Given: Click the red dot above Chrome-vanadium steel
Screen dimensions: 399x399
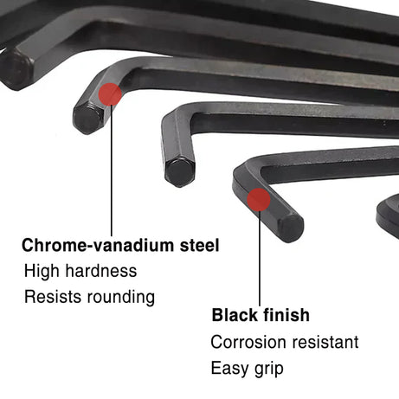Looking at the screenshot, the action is pyautogui.click(x=110, y=94).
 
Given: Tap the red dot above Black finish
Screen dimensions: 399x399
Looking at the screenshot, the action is pyautogui.click(x=259, y=200).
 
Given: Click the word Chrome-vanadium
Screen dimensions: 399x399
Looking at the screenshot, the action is pyautogui.click(x=98, y=245).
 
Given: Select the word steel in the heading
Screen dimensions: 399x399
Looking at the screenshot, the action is pyautogui.click(x=199, y=245).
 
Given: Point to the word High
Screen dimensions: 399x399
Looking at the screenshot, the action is pyautogui.click(x=42, y=271).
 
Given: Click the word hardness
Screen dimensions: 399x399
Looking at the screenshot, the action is pyautogui.click(x=101, y=271).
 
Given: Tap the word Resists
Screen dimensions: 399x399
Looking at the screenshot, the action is pyautogui.click(x=53, y=296).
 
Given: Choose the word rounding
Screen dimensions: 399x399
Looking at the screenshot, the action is pyautogui.click(x=121, y=297).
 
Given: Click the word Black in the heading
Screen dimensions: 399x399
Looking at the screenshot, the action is pyautogui.click(x=234, y=315).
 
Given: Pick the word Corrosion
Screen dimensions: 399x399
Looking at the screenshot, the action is pyautogui.click(x=248, y=342).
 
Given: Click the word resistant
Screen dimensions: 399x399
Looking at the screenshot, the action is pyautogui.click(x=325, y=342).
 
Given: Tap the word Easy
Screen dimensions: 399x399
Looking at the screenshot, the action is pyautogui.click(x=229, y=369).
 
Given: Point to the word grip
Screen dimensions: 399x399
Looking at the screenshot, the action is pyautogui.click(x=269, y=369).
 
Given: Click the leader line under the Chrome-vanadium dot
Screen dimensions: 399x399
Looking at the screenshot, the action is pyautogui.click(x=112, y=171).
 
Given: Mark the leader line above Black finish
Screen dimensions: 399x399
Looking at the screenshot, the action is pyautogui.click(x=260, y=259).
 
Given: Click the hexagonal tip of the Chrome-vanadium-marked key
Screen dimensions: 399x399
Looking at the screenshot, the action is pyautogui.click(x=88, y=119).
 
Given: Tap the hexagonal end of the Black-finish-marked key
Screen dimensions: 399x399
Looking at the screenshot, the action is pyautogui.click(x=291, y=228).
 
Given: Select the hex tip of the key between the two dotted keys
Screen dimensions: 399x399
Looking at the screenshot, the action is pyautogui.click(x=180, y=171).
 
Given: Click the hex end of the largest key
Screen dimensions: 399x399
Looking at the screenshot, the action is pyautogui.click(x=15, y=69).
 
